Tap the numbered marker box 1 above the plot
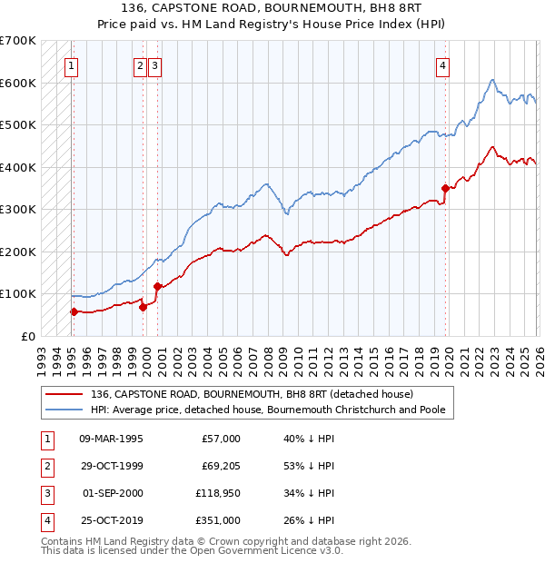point(71,64)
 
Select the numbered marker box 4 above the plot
point(442,64)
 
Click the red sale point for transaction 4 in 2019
point(445,188)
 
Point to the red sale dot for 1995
point(74,311)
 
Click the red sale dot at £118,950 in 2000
point(156,286)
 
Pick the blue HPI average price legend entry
point(267,410)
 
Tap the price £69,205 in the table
point(219,466)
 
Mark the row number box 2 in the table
point(46,466)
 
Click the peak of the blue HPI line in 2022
point(490,80)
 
